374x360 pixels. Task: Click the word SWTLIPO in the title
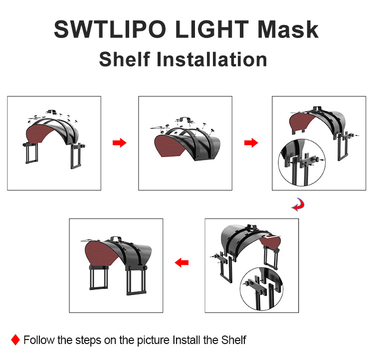(x=110, y=29)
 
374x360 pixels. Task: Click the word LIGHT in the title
(x=212, y=29)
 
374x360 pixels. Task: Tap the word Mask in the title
(x=288, y=29)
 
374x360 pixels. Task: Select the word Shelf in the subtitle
(x=125, y=59)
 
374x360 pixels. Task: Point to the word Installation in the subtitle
(x=211, y=59)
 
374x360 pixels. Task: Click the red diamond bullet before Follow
(x=15, y=340)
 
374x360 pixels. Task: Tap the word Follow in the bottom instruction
(x=39, y=340)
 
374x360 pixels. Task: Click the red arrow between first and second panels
(x=120, y=143)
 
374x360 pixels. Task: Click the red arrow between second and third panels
(x=251, y=143)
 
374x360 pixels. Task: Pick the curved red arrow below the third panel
(x=298, y=205)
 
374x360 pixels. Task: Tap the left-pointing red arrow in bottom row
(x=182, y=263)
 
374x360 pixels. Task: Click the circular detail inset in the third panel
(x=302, y=162)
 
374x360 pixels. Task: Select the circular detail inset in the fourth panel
(x=261, y=289)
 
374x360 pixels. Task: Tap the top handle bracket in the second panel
(x=184, y=119)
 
